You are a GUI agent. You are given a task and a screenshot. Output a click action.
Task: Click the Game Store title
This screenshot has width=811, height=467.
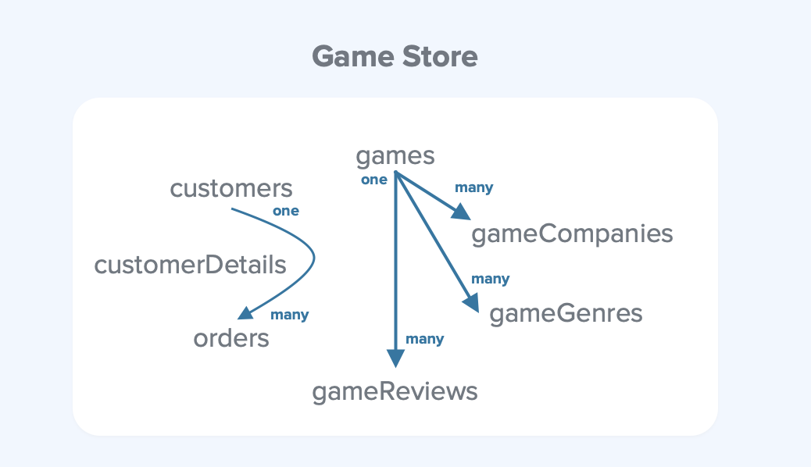(x=395, y=57)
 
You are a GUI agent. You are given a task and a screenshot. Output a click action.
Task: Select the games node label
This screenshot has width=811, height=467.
(x=395, y=156)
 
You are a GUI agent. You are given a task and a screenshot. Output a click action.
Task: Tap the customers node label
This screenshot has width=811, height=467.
(x=231, y=188)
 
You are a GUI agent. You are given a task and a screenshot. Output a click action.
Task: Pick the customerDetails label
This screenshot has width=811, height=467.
(x=190, y=265)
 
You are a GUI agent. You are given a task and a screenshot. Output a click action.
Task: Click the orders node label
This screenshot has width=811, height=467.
(x=231, y=338)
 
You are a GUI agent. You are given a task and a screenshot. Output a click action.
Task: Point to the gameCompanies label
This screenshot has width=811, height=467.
(x=572, y=233)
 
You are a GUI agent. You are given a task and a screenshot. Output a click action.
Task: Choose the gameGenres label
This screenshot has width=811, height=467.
(x=566, y=314)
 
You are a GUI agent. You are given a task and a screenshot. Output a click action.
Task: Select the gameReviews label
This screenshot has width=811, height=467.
(x=395, y=391)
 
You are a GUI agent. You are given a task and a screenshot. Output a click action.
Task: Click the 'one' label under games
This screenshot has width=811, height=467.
(x=373, y=180)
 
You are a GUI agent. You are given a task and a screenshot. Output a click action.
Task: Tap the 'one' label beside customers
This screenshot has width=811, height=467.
(x=285, y=211)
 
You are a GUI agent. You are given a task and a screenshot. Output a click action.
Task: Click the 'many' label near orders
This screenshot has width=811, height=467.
(x=289, y=315)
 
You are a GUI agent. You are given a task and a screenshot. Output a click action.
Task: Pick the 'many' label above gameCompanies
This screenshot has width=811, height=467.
(x=473, y=187)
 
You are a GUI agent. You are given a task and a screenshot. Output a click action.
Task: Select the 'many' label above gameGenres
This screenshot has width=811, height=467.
(x=490, y=279)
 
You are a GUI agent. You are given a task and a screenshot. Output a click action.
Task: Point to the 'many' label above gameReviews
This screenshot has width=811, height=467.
(x=424, y=339)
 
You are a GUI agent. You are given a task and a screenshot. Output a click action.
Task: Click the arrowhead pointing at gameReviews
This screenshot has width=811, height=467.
(x=396, y=358)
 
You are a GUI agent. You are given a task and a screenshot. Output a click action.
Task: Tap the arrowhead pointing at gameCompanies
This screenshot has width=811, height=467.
(x=463, y=212)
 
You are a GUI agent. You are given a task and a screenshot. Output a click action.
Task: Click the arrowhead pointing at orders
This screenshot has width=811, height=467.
(x=245, y=313)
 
